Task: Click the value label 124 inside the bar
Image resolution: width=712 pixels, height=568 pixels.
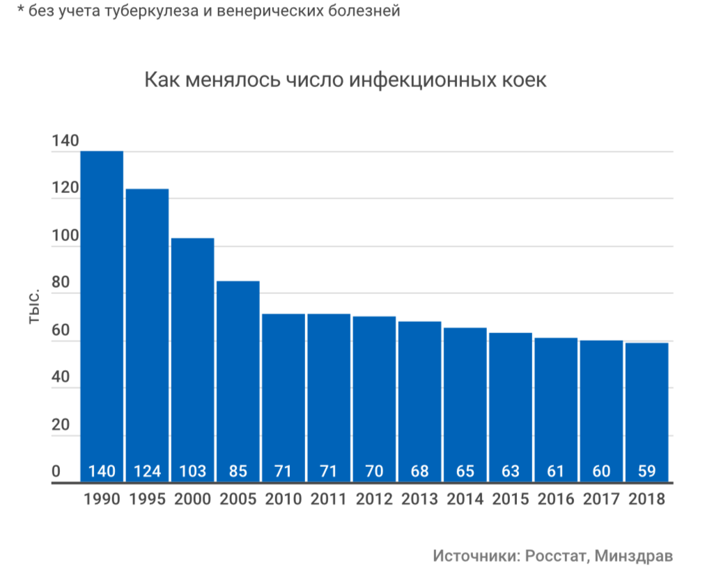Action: pyautogui.click(x=147, y=471)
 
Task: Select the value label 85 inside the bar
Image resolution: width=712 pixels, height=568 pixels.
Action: pyautogui.click(x=238, y=471)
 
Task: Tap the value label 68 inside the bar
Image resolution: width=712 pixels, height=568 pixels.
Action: pyautogui.click(x=420, y=471)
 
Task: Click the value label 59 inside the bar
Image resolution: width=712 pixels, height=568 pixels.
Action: pyautogui.click(x=647, y=471)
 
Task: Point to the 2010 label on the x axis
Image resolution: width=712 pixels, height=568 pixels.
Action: pyautogui.click(x=284, y=499)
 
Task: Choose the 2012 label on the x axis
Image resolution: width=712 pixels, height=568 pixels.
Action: pyautogui.click(x=375, y=499)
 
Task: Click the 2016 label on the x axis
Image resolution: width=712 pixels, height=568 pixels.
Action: pyautogui.click(x=556, y=499)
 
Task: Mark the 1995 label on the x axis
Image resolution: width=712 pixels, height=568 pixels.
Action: pyautogui.click(x=147, y=499)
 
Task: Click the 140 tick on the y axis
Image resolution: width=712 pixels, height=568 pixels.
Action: pyautogui.click(x=65, y=141)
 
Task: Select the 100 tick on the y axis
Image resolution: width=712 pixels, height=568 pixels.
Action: pyautogui.click(x=65, y=236)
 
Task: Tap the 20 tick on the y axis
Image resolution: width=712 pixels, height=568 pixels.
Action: pyautogui.click(x=61, y=424)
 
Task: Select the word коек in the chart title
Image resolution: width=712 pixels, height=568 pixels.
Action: pyautogui.click(x=524, y=79)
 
